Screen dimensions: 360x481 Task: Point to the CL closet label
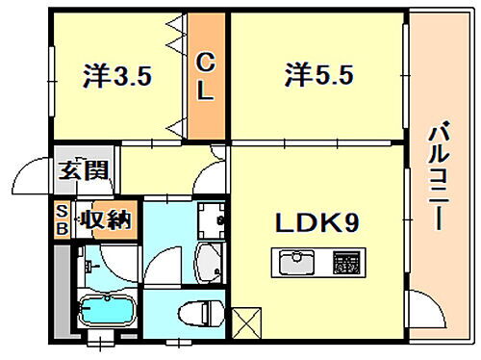206,77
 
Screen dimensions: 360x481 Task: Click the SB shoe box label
62,219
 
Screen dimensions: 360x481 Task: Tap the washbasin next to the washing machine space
209,258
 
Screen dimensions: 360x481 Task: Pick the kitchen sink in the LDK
296,261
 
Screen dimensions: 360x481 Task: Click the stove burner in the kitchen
343,261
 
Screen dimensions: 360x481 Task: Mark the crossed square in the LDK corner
245,321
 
